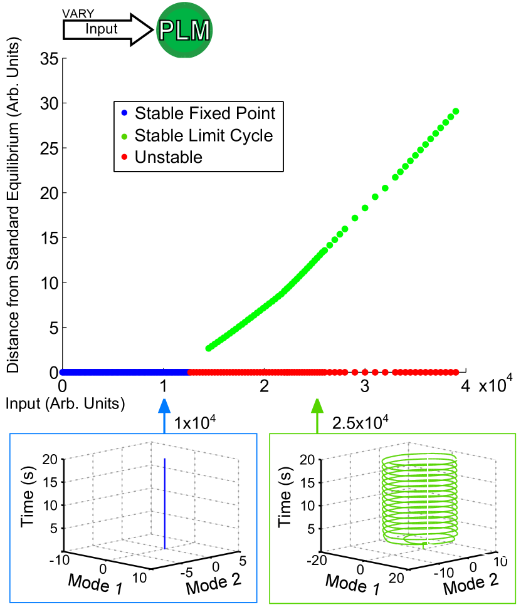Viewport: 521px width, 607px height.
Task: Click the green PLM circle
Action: (x=184, y=30)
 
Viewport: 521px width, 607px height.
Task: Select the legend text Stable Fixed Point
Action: (x=205, y=113)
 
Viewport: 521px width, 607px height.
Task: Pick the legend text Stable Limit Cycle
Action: (x=204, y=136)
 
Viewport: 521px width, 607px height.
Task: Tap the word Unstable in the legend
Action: (x=169, y=157)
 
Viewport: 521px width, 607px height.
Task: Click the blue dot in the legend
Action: (x=124, y=113)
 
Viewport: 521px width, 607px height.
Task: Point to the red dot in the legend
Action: (x=124, y=157)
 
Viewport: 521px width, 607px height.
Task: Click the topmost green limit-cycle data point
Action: (x=456, y=111)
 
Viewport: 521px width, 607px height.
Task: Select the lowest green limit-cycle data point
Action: (x=209, y=348)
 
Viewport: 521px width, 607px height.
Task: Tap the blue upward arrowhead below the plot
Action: (x=164, y=406)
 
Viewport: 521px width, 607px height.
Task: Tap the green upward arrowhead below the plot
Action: (x=317, y=406)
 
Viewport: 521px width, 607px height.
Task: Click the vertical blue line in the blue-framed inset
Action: (x=164, y=501)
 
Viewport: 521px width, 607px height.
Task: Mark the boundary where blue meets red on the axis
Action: (x=188, y=372)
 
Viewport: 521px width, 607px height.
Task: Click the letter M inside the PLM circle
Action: (x=200, y=31)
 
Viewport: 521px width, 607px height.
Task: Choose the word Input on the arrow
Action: (x=102, y=29)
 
